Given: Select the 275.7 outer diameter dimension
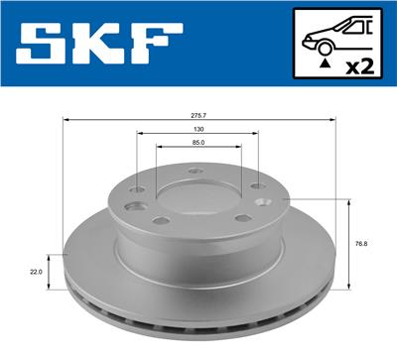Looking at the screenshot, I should (x=198, y=115).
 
